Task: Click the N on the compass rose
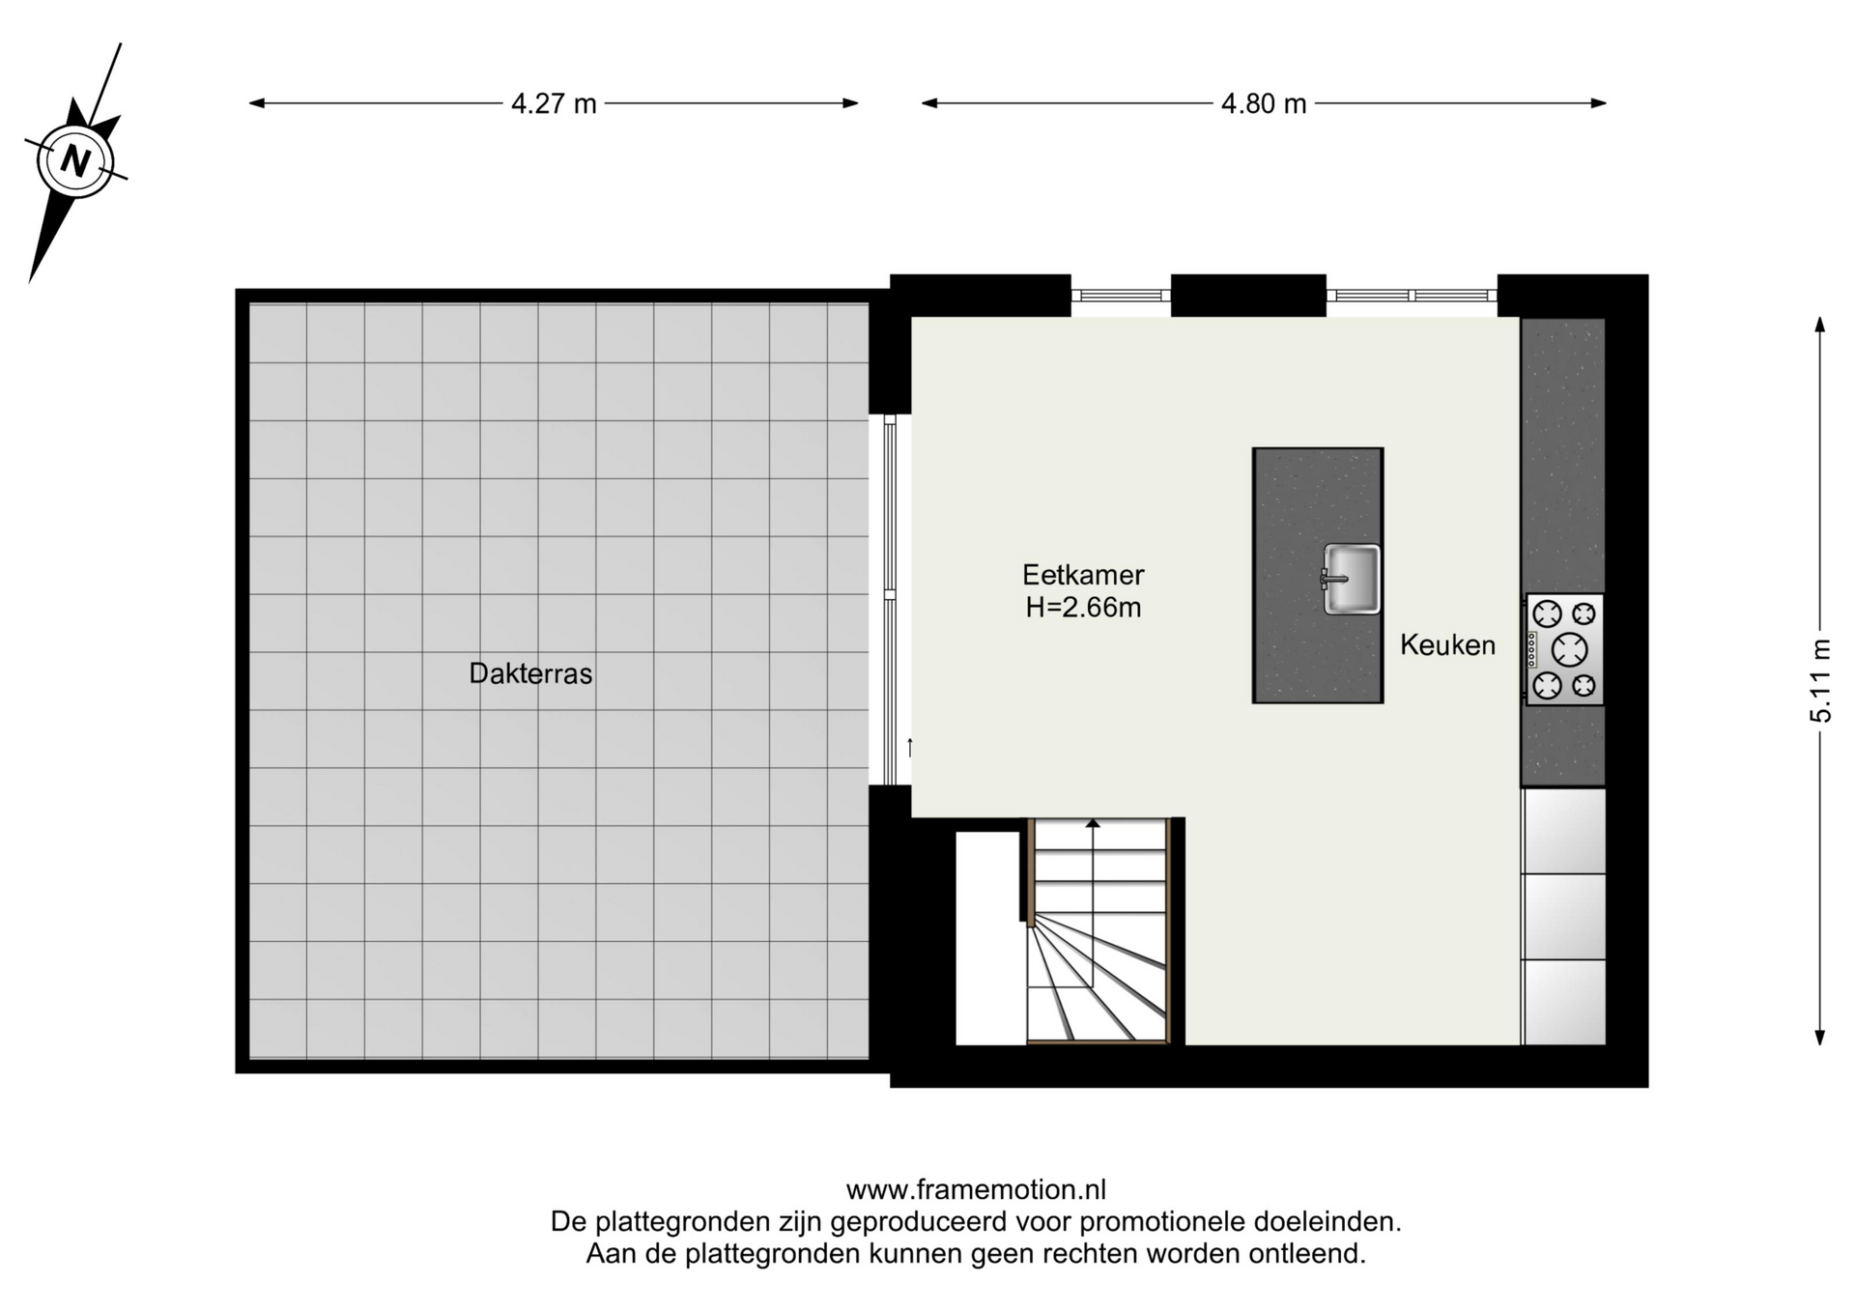click(x=75, y=159)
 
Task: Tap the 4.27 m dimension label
click(x=554, y=103)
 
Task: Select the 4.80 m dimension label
click(x=1264, y=103)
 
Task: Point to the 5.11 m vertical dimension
click(x=1820, y=680)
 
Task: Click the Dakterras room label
click(x=530, y=673)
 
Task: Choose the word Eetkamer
click(x=1083, y=575)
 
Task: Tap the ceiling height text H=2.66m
click(x=1083, y=608)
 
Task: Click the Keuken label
click(x=1447, y=644)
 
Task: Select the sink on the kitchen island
click(x=1351, y=579)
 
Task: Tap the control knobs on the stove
click(x=1532, y=649)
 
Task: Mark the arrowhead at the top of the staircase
click(x=1093, y=824)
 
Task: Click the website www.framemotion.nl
click(x=976, y=1189)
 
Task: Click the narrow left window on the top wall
click(x=1121, y=296)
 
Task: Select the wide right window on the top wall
click(x=1412, y=296)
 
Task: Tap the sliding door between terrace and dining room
click(x=890, y=599)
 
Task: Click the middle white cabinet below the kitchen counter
click(x=1564, y=917)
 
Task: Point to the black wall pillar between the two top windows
click(x=1248, y=296)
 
